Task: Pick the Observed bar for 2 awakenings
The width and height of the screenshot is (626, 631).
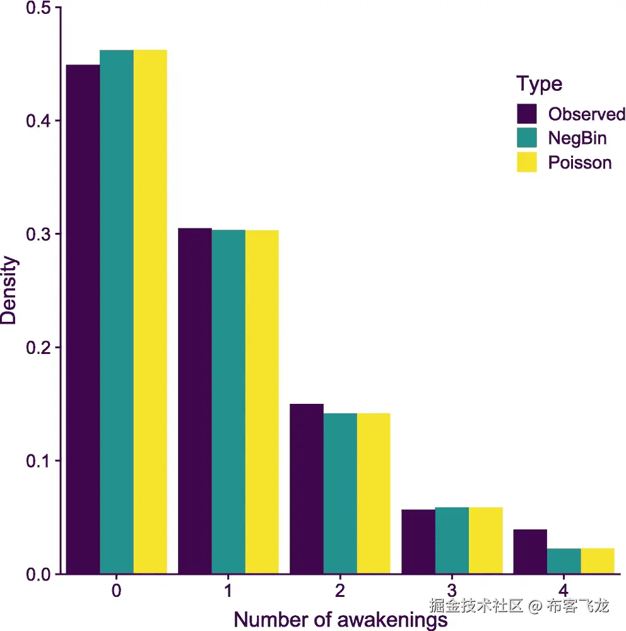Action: tap(307, 488)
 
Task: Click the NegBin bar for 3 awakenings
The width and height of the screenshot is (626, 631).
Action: tap(452, 540)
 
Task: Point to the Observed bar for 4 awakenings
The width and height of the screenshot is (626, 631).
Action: tap(530, 551)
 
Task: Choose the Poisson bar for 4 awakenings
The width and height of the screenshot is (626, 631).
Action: tap(598, 561)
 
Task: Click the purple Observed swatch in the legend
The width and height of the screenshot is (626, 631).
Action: tap(526, 114)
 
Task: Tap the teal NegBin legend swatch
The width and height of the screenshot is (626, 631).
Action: tap(526, 138)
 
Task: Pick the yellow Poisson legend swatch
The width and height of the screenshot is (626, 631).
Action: tap(526, 162)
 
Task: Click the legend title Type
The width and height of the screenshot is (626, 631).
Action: tap(539, 84)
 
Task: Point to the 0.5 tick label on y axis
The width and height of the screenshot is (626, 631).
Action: tap(38, 8)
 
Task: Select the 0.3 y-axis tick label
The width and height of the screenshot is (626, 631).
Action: tap(38, 234)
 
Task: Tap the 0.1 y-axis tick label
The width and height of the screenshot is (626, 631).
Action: tap(38, 461)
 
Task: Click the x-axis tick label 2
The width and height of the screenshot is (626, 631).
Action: tap(340, 592)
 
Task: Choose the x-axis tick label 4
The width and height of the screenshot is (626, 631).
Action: tap(564, 592)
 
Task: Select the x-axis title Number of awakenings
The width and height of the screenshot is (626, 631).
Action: tap(340, 620)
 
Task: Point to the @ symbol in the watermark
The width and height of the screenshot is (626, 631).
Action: tap(535, 606)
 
